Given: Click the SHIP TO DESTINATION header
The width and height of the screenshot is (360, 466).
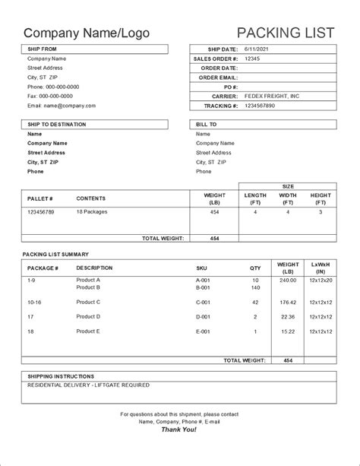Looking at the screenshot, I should point(57,124).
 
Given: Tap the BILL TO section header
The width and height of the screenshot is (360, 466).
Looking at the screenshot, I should point(207,124).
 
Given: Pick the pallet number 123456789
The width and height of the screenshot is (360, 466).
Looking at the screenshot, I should point(42,213).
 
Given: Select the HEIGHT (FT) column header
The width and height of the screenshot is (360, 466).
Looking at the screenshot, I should point(321,199).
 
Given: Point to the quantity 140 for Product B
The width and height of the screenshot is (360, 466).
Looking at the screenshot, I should point(255,288).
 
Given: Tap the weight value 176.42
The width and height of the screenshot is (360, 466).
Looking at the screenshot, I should point(288,302).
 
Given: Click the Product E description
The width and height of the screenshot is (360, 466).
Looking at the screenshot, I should point(88,331).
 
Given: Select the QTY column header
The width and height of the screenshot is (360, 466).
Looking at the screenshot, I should point(255,268).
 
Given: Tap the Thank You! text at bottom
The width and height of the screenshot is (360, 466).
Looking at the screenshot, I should point(179,430).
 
